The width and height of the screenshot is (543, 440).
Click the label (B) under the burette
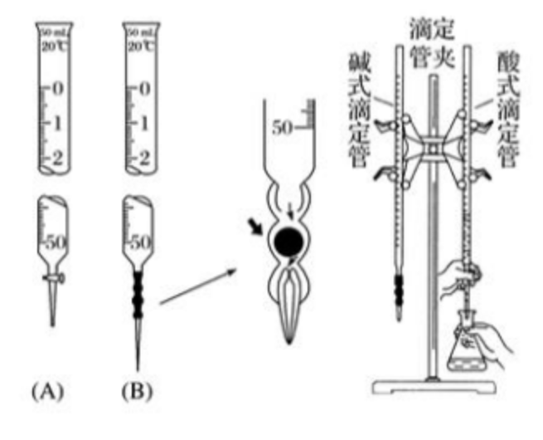[x=138, y=389]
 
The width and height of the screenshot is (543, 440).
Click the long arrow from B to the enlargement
[x=199, y=282]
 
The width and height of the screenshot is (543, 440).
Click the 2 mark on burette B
[x=145, y=157]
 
